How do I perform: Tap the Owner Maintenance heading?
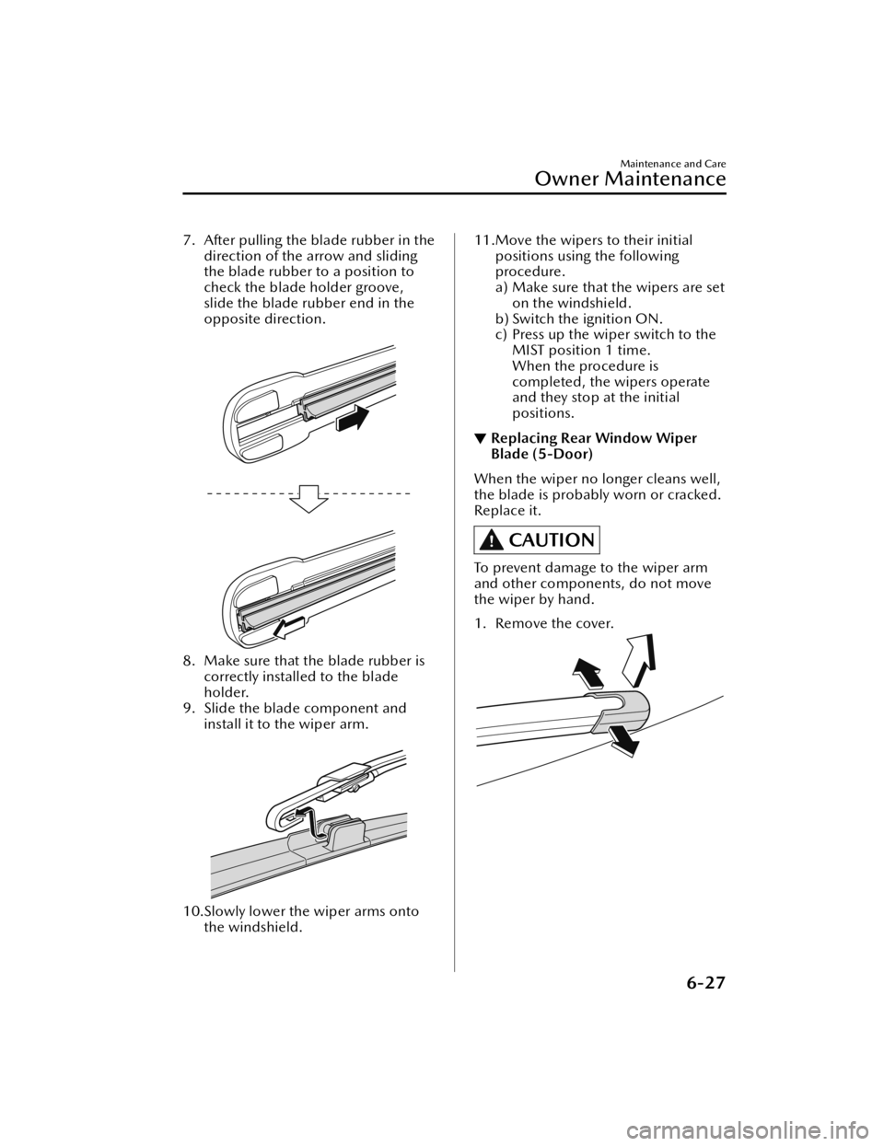point(630,179)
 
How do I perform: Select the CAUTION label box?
point(537,540)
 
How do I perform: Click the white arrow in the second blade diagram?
point(289,626)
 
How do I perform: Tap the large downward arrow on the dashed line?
point(310,498)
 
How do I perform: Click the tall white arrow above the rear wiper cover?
point(638,660)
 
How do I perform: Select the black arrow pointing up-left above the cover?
point(589,674)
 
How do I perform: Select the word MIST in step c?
point(528,350)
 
